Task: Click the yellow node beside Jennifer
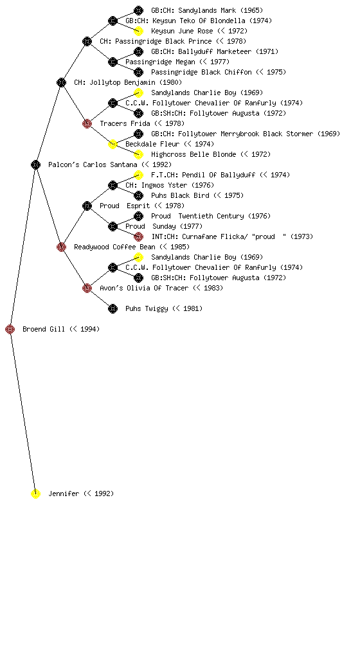(x=35, y=493)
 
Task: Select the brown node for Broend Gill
(x=10, y=329)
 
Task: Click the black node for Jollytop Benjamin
(x=61, y=82)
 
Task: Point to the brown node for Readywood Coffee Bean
(x=61, y=247)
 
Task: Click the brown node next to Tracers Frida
(x=87, y=123)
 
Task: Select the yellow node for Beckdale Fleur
(x=113, y=144)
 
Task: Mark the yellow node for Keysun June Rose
(x=138, y=31)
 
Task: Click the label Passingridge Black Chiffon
(x=201, y=72)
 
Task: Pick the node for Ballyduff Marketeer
(x=138, y=51)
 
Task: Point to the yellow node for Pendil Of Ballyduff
(x=138, y=175)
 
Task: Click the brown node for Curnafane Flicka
(x=138, y=236)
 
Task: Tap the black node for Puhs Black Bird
(x=138, y=195)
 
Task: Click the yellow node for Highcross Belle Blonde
(x=138, y=154)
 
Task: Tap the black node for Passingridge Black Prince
(x=87, y=41)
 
